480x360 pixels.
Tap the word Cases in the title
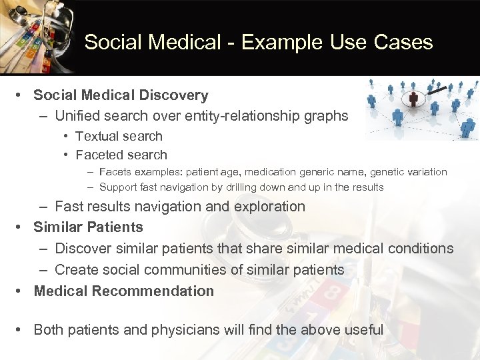(405, 43)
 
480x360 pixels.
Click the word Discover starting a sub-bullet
(83, 249)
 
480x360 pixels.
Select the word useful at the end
(363, 330)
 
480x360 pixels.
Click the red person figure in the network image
(413, 99)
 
